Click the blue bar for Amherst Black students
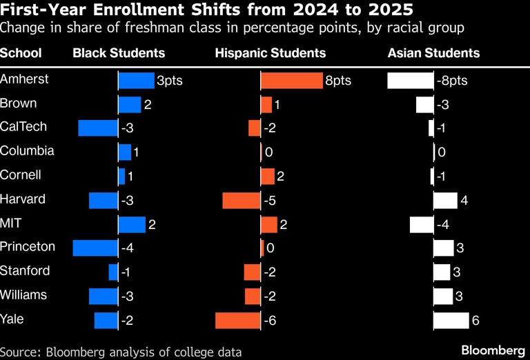136,81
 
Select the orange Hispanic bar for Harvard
241,200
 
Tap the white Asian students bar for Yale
451,321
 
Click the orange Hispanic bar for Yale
237,321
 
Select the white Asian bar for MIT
421,225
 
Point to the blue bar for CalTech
98,128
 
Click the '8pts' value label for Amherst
338,81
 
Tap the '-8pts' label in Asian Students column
452,81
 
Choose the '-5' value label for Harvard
271,201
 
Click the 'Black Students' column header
119,53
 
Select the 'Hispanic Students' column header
271,53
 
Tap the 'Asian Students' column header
433,53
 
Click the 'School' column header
21,53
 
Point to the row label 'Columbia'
27,151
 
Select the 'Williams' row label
23,295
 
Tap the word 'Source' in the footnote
19,352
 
